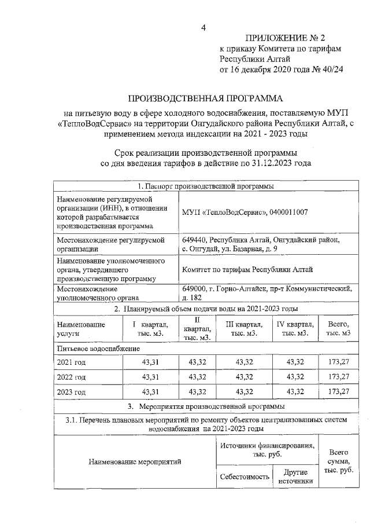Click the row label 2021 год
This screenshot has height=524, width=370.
(71, 362)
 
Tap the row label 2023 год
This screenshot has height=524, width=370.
(71, 392)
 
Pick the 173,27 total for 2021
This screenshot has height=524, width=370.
(338, 362)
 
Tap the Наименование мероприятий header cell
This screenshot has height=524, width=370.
(135, 462)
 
